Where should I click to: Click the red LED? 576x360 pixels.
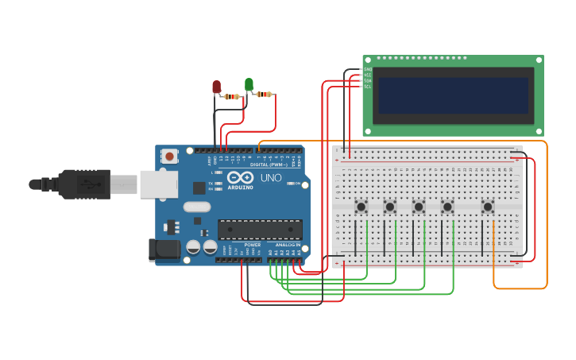tap(216, 86)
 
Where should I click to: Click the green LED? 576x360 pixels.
tap(249, 83)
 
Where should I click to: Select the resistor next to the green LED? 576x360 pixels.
tap(265, 95)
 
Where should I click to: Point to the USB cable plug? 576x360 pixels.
tap(83, 184)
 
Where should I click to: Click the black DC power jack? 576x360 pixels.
tap(164, 250)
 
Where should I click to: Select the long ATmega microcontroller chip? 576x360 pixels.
tap(260, 229)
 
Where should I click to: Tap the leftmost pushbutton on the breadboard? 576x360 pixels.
tap(361, 207)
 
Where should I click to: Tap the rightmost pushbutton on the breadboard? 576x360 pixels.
tap(488, 207)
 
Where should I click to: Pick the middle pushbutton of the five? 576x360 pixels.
tap(419, 207)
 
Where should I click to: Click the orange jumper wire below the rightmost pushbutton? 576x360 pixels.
tap(494, 254)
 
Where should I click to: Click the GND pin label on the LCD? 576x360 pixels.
tap(368, 69)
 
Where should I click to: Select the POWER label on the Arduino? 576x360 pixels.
tap(252, 244)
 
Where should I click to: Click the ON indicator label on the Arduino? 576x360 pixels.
tap(297, 184)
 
